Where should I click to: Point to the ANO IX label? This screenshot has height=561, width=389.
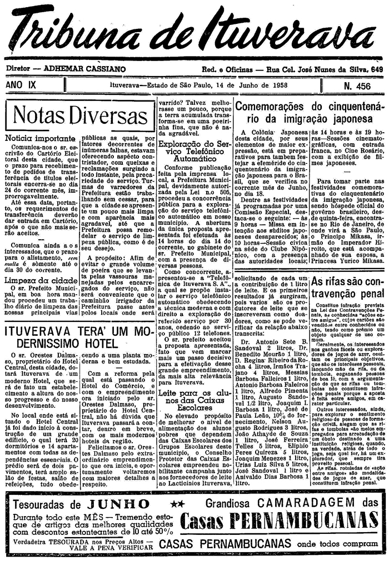21,85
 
